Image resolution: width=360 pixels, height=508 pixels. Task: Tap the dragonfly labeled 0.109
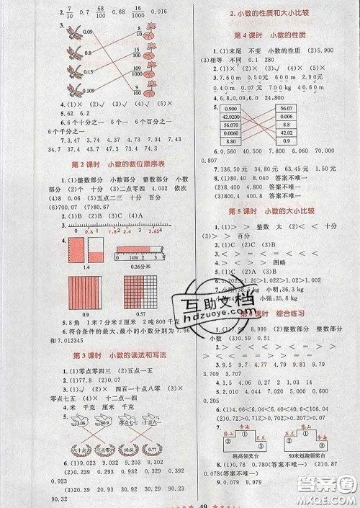(71, 90)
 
